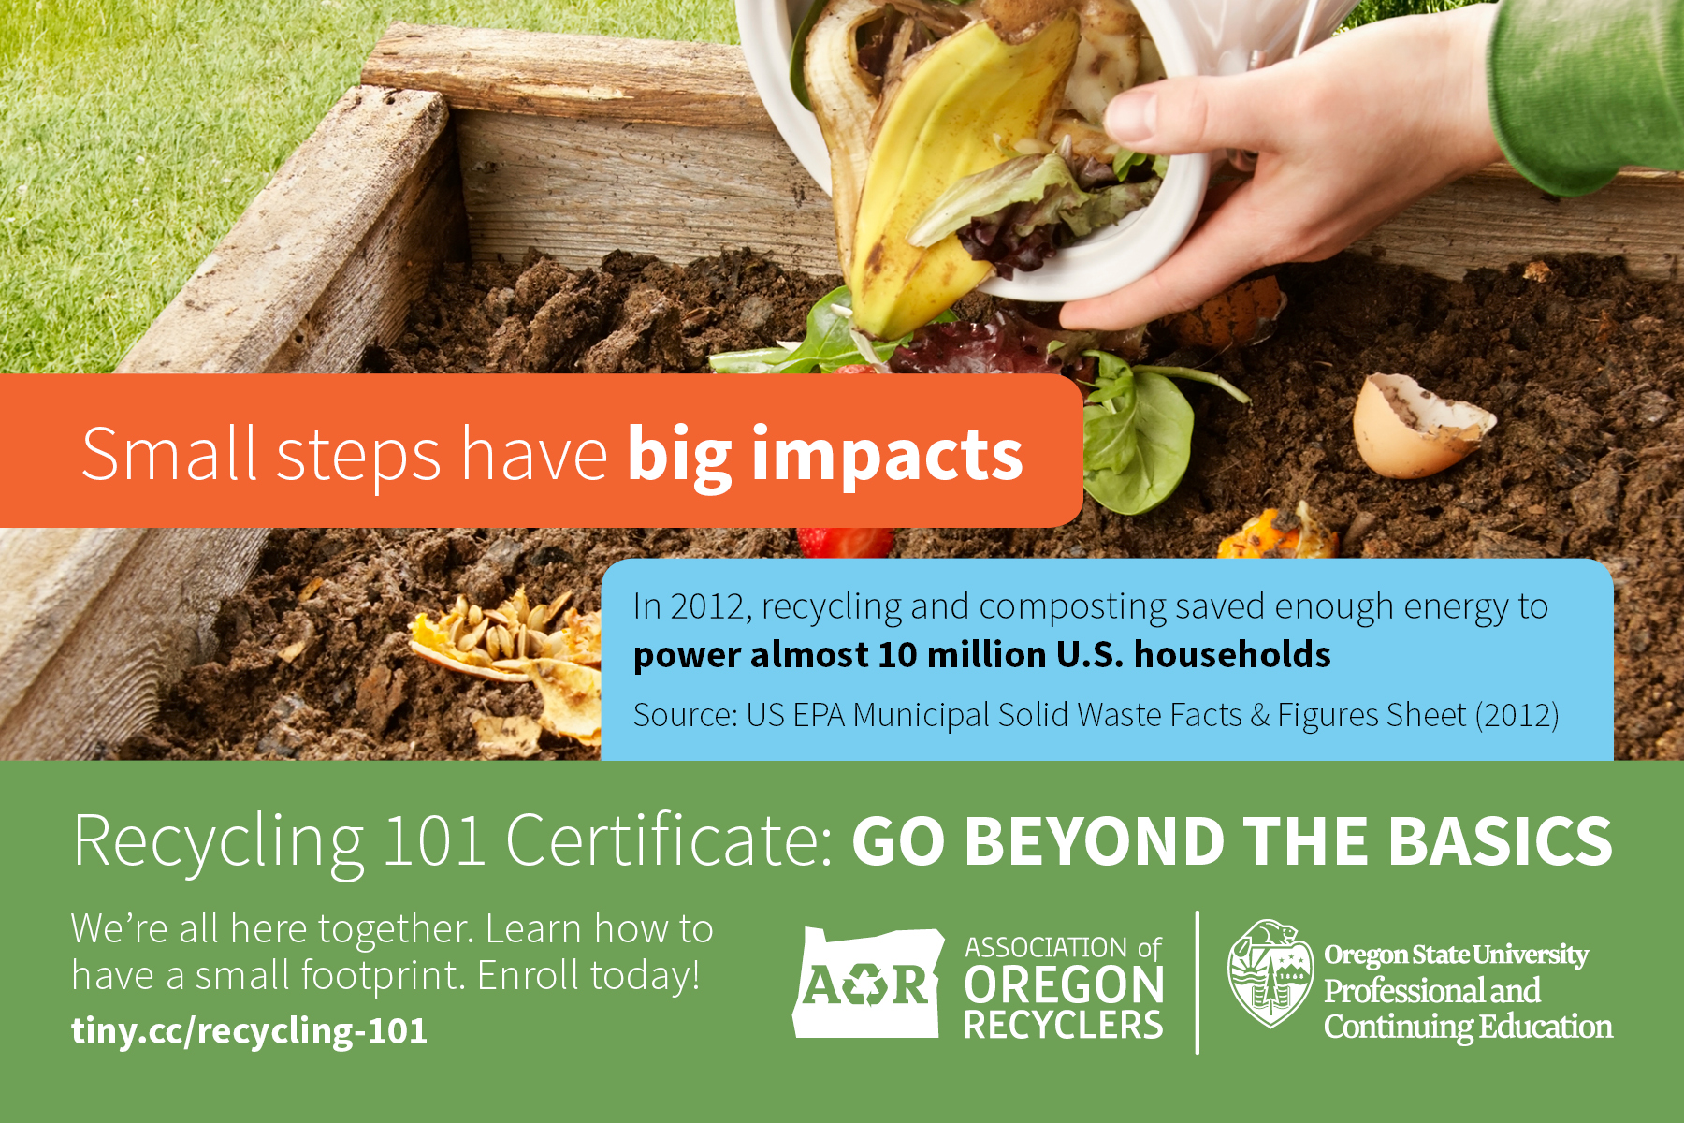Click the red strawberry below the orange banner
coord(845,542)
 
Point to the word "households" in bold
coord(1232,655)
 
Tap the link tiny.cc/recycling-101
coord(249,1031)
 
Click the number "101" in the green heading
coord(434,840)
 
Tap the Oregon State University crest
coord(1270,973)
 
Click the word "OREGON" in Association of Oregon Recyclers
coord(1064,986)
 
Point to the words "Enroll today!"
coord(588,976)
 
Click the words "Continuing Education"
coord(1468,1028)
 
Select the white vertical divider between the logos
coord(1198,983)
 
